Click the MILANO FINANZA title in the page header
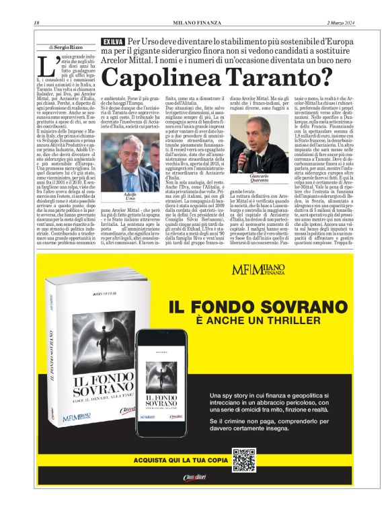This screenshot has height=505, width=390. coord(195,25)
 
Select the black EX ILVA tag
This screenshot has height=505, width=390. coord(113,42)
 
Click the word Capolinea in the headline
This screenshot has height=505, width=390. coord(175,79)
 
